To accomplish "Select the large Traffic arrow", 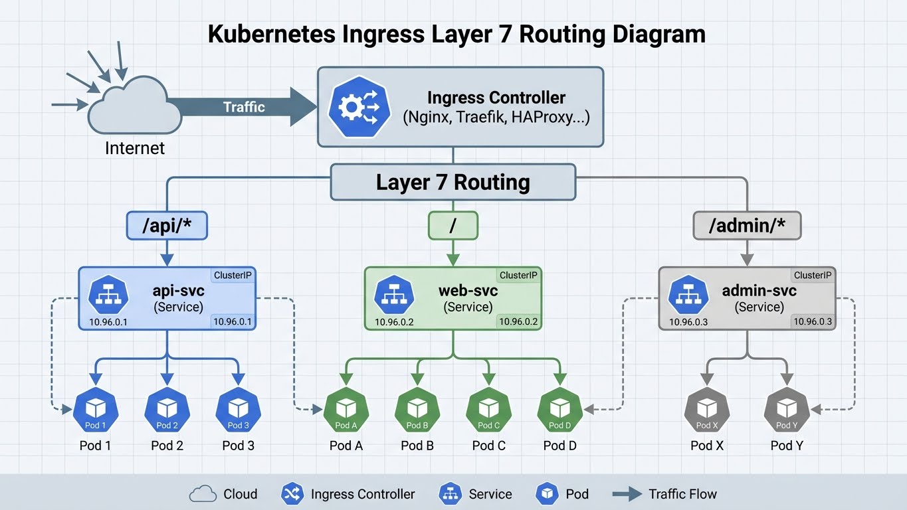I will pos(243,107).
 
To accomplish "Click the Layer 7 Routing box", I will pos(453,182).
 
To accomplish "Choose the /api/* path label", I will pos(167,226).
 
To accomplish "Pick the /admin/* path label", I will pos(747,226).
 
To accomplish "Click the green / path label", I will pos(453,226).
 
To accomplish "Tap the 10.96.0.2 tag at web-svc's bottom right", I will pos(518,322).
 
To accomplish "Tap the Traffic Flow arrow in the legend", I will pos(626,494).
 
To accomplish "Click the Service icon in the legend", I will pos(451,494).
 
